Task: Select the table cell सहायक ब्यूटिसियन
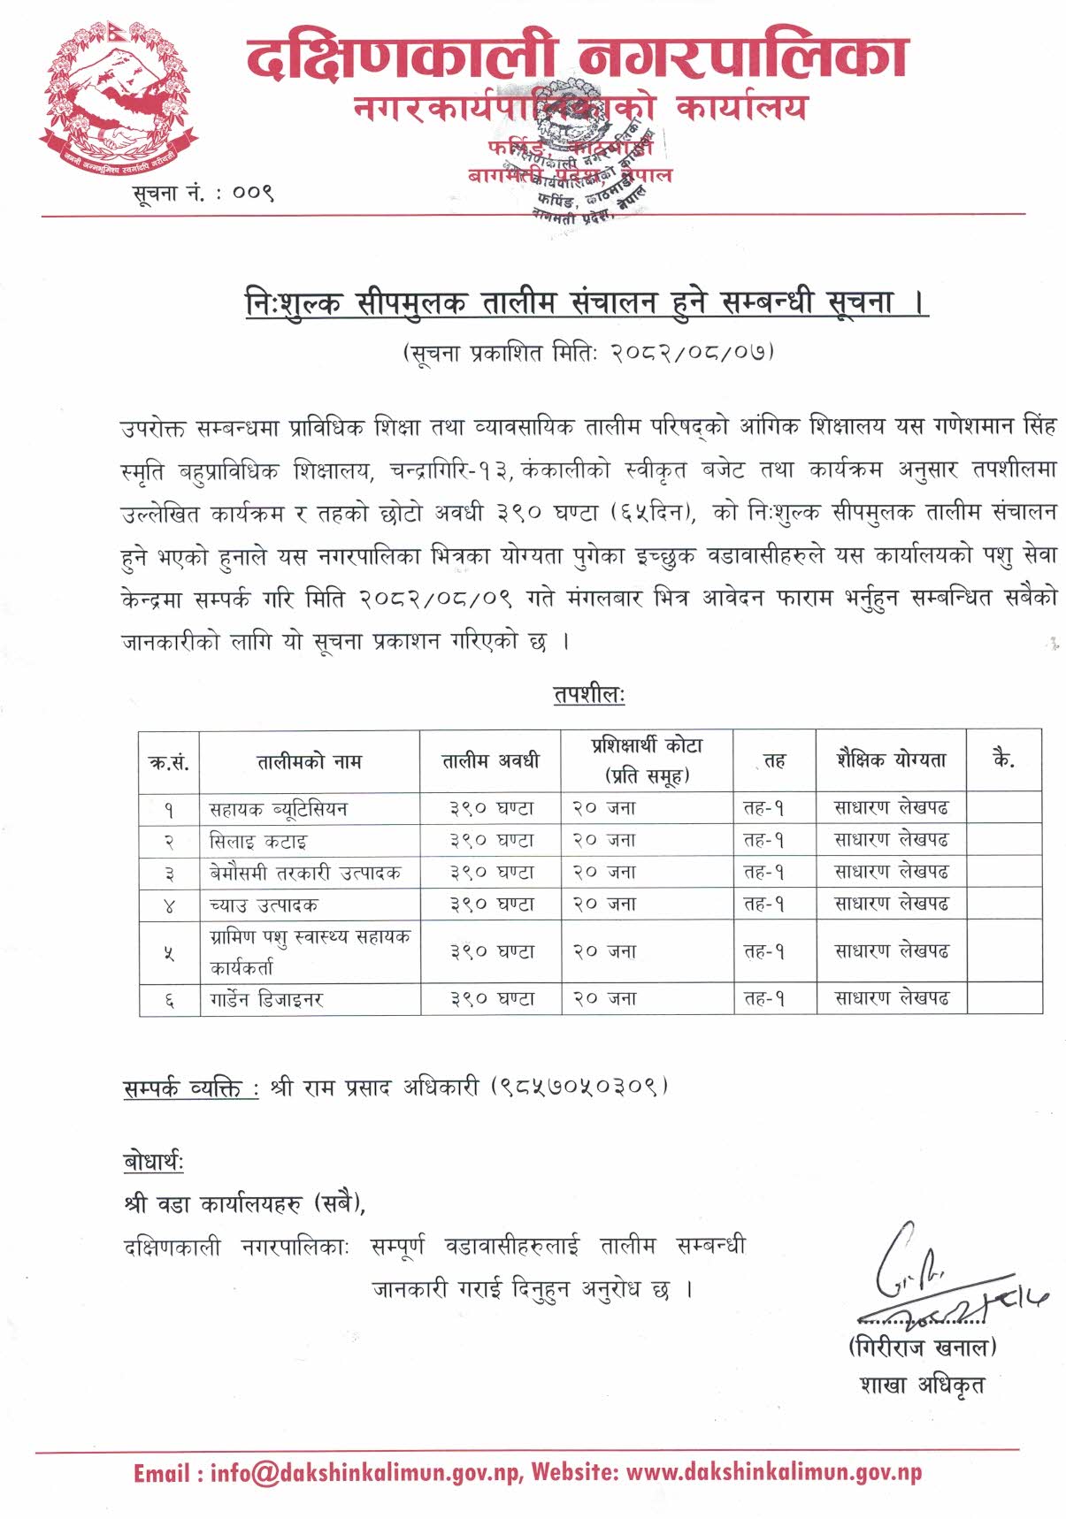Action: (279, 808)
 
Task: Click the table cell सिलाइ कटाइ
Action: (258, 841)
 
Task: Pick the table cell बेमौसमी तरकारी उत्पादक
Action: (305, 873)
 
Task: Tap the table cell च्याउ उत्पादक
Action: (264, 905)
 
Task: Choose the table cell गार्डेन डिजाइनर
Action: (266, 1000)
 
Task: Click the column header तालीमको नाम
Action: (310, 761)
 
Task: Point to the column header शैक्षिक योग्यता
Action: (891, 759)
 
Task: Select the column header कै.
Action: (1003, 759)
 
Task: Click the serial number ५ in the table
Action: (169, 953)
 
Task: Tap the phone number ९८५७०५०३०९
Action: (579, 1086)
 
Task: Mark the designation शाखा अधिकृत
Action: (921, 1384)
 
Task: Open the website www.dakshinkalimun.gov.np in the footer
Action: (773, 1473)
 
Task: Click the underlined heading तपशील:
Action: (588, 695)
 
